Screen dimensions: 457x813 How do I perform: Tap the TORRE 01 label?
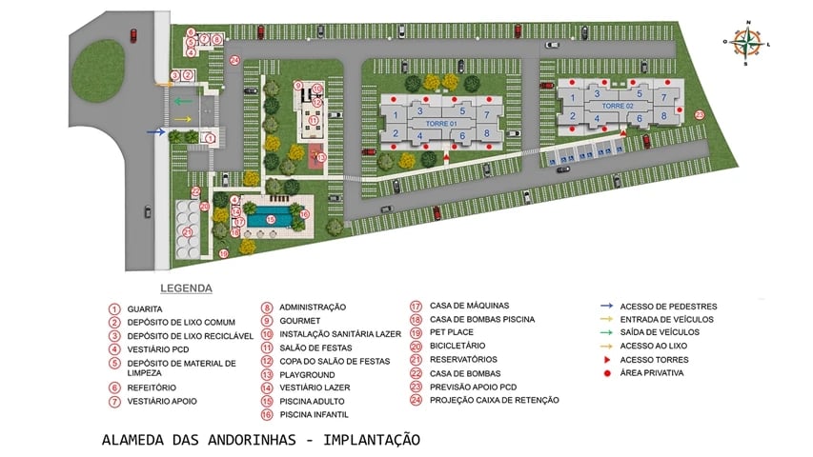(x=440, y=124)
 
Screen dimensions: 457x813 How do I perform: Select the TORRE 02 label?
(x=617, y=105)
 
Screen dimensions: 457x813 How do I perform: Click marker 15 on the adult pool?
(x=271, y=219)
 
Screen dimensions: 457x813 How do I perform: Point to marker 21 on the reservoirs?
(x=188, y=231)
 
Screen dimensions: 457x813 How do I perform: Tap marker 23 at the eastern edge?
(x=699, y=114)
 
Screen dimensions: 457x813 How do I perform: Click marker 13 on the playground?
(x=321, y=157)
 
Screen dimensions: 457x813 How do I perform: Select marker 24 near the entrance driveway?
(x=234, y=60)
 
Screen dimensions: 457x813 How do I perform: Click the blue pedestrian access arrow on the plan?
(x=155, y=132)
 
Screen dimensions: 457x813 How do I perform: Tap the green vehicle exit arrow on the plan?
(x=181, y=100)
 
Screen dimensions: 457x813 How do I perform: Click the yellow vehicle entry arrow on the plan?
(x=182, y=118)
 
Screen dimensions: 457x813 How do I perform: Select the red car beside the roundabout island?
(x=132, y=35)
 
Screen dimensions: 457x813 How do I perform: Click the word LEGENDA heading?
(x=186, y=288)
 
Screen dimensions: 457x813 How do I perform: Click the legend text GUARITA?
(x=145, y=308)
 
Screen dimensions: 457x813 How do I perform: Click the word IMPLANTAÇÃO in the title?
(x=372, y=440)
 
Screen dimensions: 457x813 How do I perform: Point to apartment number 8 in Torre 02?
(x=664, y=115)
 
